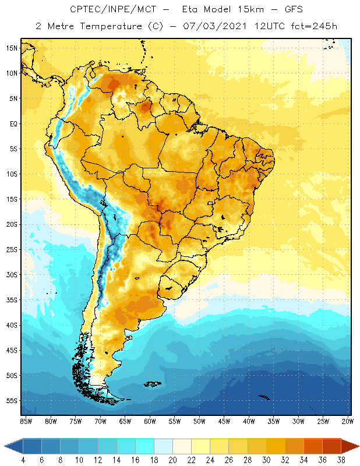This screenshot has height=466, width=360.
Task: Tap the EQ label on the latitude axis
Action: click(12, 123)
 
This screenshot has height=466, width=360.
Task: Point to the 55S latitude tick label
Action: click(12, 401)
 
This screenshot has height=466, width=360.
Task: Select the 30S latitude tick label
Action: click(12, 274)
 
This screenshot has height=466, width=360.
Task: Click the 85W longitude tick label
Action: click(26, 421)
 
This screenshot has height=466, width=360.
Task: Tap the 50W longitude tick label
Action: click(199, 421)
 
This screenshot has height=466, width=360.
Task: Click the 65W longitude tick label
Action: click(125, 421)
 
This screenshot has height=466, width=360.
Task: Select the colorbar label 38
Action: click(342, 460)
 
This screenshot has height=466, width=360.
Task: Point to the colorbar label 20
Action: click(172, 460)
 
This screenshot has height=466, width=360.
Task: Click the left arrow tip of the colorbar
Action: click(5, 446)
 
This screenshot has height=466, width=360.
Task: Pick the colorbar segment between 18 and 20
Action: click(163, 446)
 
